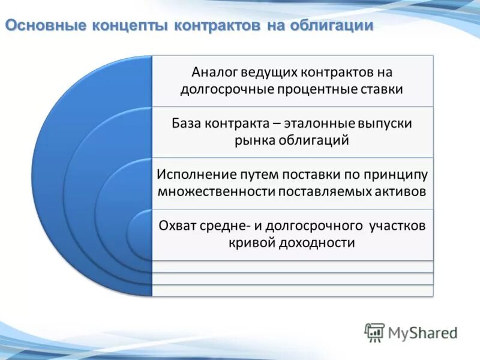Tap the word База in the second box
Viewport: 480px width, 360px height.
point(188,123)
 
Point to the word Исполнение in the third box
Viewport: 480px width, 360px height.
point(190,174)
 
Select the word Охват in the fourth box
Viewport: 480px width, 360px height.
point(176,226)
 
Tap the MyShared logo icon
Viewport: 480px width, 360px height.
point(374,332)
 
